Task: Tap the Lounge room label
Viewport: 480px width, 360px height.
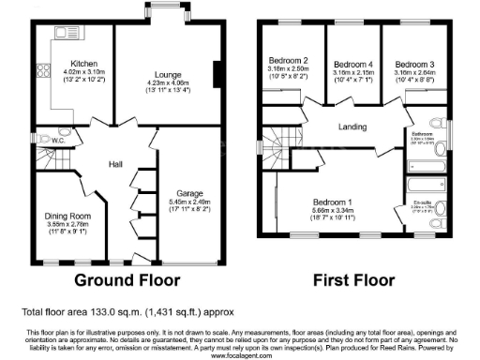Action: [x=169, y=73]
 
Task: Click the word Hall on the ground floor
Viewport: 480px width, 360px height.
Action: [x=115, y=164]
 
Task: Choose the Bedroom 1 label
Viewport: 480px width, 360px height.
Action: [x=331, y=203]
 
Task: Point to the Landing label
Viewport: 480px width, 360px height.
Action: [x=352, y=127]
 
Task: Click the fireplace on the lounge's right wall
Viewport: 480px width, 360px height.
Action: [x=217, y=76]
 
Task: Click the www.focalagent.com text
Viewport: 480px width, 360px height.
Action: [x=239, y=355]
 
